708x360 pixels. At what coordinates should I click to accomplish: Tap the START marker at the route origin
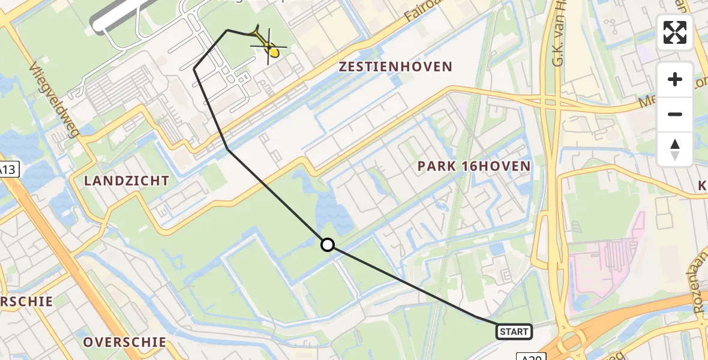(514, 332)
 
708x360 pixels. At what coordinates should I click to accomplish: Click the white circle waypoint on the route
(328, 245)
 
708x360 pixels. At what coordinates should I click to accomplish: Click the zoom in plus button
(675, 80)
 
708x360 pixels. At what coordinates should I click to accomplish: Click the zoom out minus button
(675, 114)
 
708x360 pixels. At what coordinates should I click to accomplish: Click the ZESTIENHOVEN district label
(395, 67)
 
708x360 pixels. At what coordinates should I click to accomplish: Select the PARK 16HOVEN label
(474, 166)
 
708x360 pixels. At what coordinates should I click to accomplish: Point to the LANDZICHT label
(127, 181)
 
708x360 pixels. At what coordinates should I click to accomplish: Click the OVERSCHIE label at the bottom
(125, 342)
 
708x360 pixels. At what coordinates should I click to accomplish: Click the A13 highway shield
(7, 170)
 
